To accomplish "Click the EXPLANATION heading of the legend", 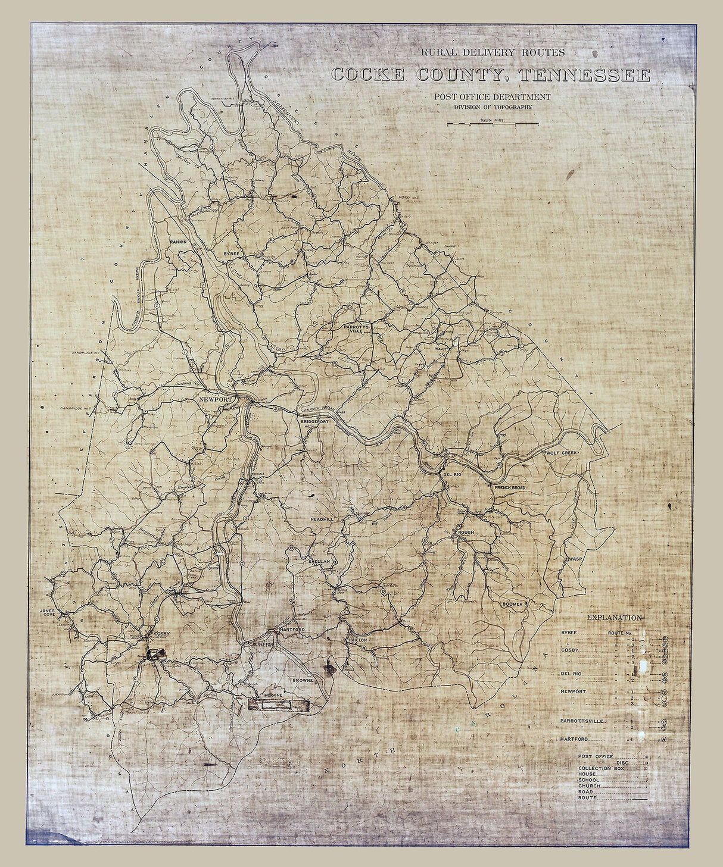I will click(614, 618).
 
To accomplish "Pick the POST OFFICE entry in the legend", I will click(595, 756).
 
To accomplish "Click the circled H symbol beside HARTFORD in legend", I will click(663, 739).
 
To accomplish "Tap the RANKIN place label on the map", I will click(178, 242).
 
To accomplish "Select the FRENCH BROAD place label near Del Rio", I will click(510, 488).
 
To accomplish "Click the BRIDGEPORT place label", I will click(314, 421).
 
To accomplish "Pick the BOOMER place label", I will click(512, 604).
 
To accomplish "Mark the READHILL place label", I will click(322, 519).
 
